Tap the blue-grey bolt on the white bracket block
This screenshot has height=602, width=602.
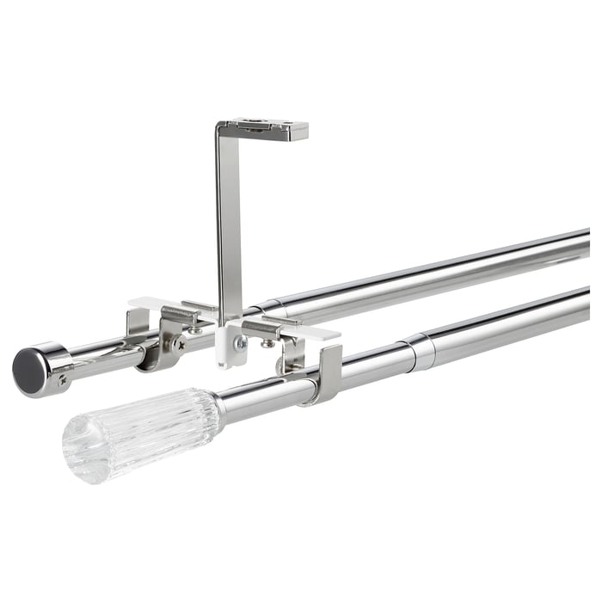point(241,342)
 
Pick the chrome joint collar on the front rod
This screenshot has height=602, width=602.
point(420,351)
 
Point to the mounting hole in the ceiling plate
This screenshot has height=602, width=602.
point(258,125)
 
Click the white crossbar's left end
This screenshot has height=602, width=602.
point(138,304)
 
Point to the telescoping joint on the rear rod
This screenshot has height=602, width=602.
point(265,305)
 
